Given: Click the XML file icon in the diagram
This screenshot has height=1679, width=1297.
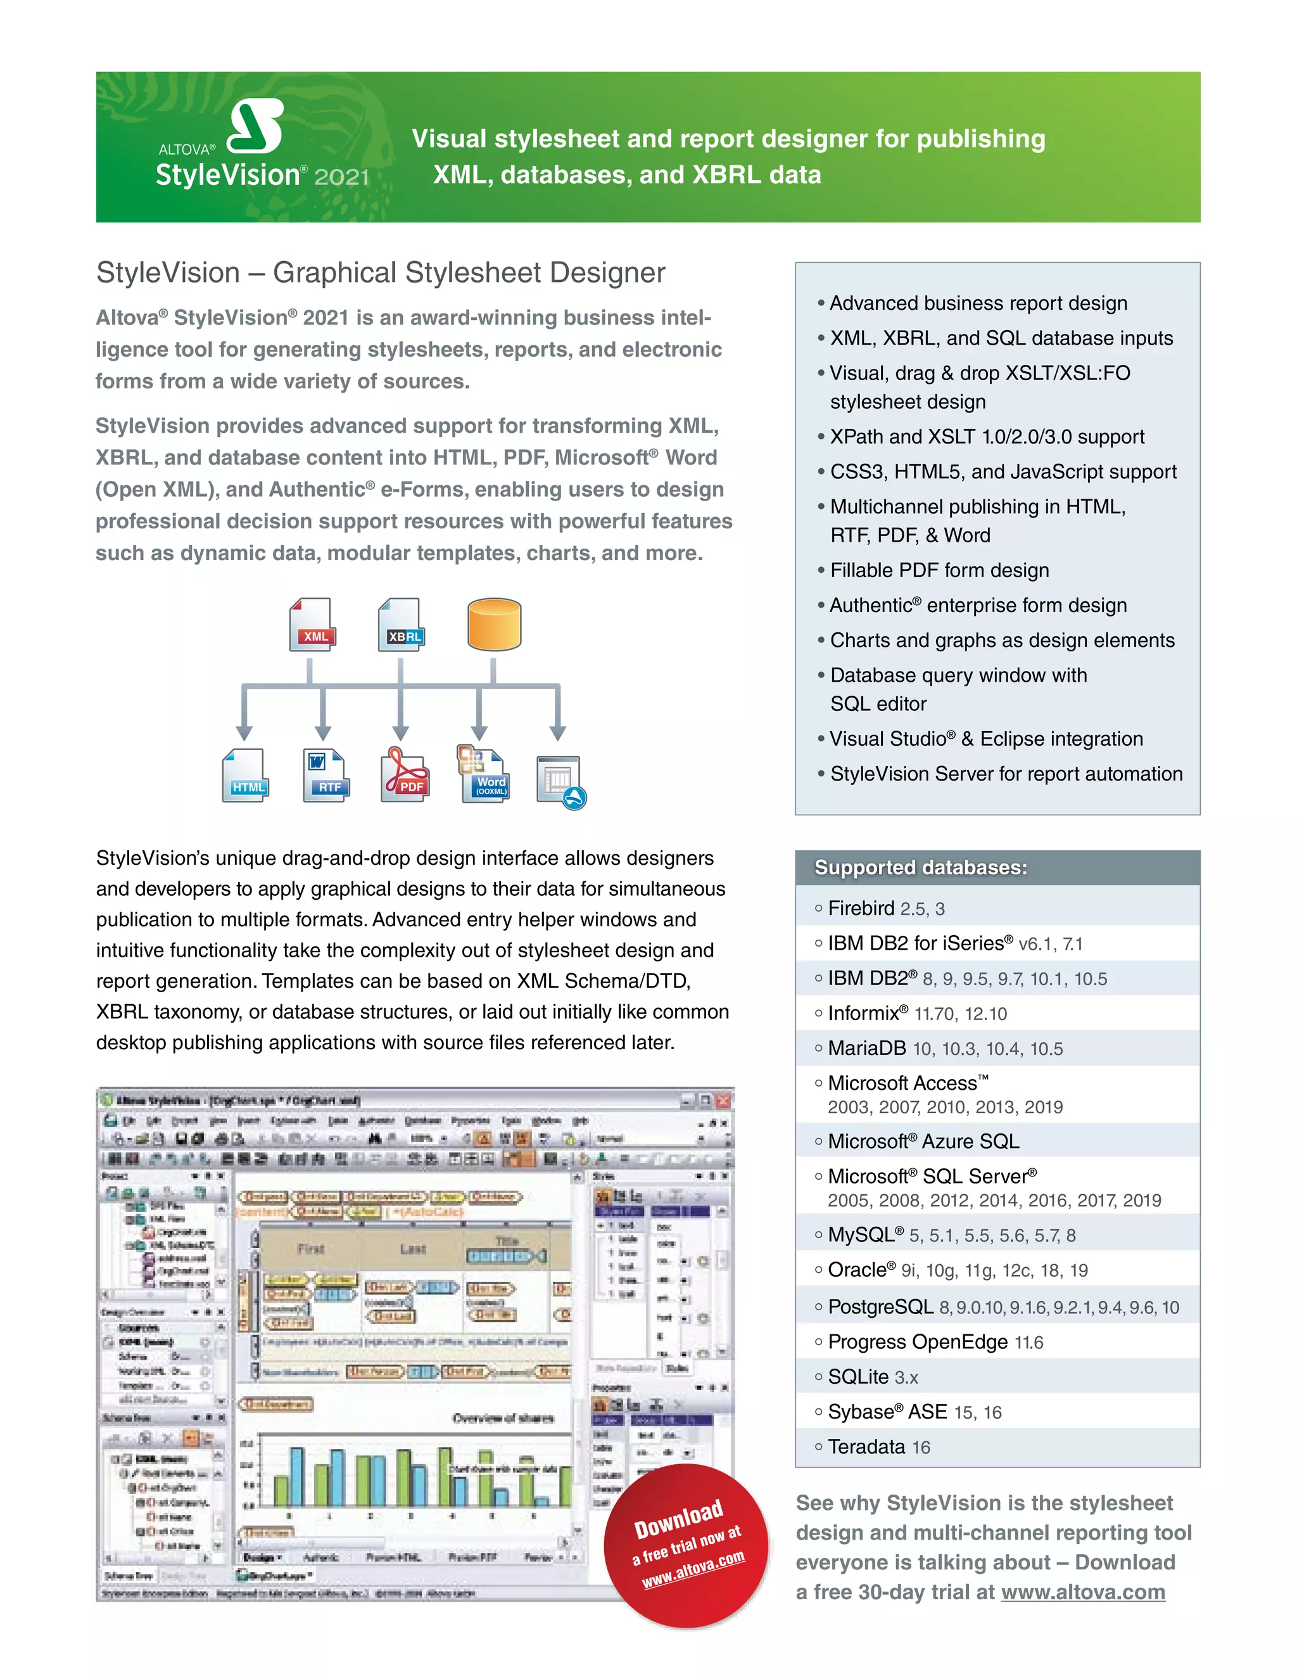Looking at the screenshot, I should pyautogui.click(x=312, y=624).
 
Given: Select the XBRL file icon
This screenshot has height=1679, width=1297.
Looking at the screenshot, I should pyautogui.click(x=401, y=624).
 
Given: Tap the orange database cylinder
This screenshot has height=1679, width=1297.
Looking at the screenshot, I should pyautogui.click(x=494, y=624).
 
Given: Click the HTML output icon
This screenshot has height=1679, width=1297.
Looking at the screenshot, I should pyautogui.click(x=246, y=775).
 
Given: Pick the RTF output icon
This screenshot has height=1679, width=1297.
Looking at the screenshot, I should pyautogui.click(x=326, y=775).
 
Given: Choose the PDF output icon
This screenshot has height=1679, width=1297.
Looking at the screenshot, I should pyautogui.click(x=405, y=775).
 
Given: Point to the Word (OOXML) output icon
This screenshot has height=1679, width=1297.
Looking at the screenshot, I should pyautogui.click(x=484, y=774).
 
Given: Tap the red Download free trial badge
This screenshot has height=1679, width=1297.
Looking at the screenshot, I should pyautogui.click(x=685, y=1546).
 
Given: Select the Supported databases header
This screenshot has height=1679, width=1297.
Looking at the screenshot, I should pyautogui.click(x=920, y=867).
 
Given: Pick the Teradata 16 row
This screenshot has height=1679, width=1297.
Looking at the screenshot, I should pyautogui.click(x=879, y=1448).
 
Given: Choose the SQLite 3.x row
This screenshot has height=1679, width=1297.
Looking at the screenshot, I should pyautogui.click(x=873, y=1377).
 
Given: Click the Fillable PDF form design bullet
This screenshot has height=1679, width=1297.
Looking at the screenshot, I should pyautogui.click(x=939, y=570).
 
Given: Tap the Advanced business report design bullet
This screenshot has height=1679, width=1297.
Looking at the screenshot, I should pyautogui.click(x=978, y=303).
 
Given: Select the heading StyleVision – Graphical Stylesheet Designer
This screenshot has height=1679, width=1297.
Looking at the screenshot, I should pyautogui.click(x=381, y=273).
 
